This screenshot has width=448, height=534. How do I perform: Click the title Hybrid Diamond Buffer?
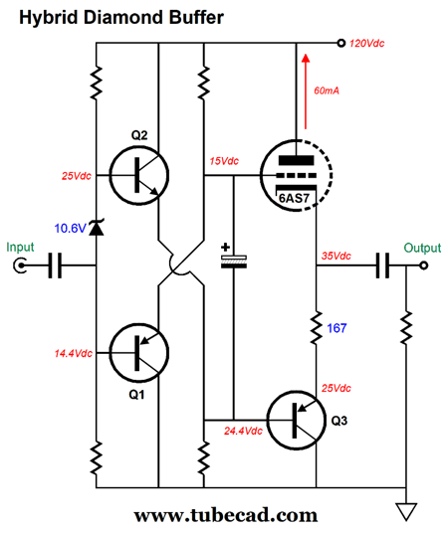coord(121,17)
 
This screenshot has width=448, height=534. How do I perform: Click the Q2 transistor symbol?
coord(139,176)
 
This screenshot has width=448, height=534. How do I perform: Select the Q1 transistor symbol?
coord(139,353)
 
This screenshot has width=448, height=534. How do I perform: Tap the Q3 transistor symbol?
coord(296,421)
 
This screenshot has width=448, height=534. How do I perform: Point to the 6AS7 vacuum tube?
coord(296,175)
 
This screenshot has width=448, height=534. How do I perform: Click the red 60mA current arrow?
coord(306,91)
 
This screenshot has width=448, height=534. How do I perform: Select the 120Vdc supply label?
coord(366,44)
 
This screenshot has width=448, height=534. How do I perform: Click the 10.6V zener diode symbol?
coord(97,228)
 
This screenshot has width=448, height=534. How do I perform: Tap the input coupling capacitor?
coord(55,266)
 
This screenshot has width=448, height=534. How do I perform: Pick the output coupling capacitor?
coord(382,266)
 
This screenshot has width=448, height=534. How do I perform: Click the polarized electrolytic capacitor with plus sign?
coord(234,258)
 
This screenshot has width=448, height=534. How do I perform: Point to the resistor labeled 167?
coord(316,327)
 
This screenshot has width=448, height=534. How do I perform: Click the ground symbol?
coord(406,512)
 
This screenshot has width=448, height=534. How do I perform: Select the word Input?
coord(20,248)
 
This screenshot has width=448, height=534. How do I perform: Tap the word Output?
coord(422,248)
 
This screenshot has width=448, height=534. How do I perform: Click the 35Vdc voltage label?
coord(336,256)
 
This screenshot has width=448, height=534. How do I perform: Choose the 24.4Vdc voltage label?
coord(243,431)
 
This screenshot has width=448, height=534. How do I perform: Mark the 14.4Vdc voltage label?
coord(74,353)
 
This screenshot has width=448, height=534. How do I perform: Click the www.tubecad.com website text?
coord(226,516)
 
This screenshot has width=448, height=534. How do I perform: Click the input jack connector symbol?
coord(20,266)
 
